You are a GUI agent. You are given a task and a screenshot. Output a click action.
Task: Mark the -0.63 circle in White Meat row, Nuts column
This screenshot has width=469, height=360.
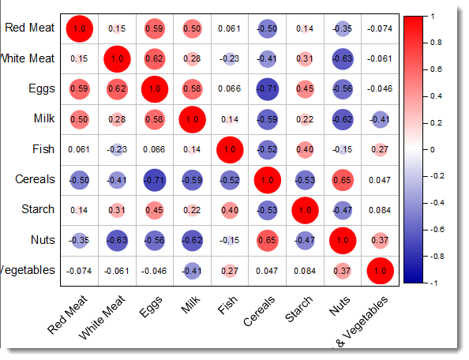coord(341,58)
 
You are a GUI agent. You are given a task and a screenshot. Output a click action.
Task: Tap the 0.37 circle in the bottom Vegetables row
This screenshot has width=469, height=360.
coord(341,270)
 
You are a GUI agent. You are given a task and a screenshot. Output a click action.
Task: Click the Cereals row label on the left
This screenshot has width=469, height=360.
coord(36,179)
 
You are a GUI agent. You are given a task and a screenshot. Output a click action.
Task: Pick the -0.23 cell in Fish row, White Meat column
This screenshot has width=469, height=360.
coord(117,149)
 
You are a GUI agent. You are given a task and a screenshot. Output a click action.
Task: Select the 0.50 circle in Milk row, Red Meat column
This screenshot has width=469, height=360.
coord(79,119)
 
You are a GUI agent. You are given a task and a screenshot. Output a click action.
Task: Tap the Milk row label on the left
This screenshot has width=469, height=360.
coord(43,119)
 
